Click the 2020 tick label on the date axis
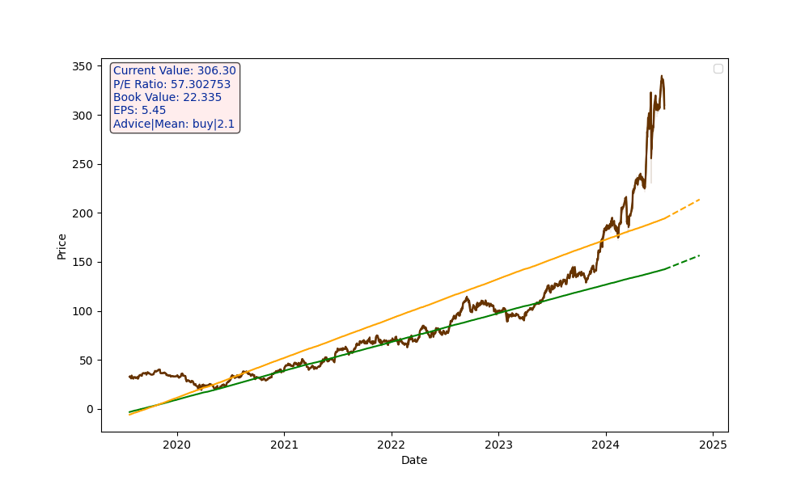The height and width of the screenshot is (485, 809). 176,445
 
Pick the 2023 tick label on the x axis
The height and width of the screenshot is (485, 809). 498,445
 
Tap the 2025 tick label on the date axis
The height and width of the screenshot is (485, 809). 713,445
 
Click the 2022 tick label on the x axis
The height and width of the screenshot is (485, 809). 391,445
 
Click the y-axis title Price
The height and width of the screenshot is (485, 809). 62,246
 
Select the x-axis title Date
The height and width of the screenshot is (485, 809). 414,461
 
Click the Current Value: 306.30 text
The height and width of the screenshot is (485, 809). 175,71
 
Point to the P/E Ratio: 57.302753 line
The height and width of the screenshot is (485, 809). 172,84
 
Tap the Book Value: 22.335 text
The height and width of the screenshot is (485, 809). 167,98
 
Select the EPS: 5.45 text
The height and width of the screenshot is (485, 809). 139,111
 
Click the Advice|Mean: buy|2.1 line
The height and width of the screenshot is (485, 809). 174,124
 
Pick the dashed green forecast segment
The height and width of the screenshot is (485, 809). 684,261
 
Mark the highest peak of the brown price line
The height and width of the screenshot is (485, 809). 662,77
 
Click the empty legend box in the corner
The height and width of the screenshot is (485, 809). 718,69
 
